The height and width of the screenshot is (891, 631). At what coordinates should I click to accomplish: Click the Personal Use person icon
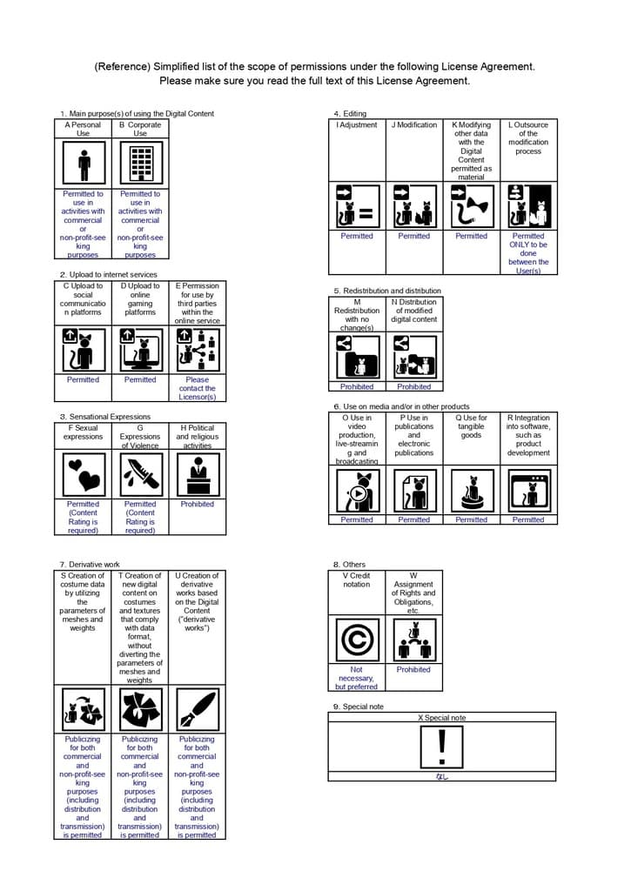(x=84, y=163)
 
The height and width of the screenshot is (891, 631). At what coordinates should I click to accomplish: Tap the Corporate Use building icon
(x=140, y=163)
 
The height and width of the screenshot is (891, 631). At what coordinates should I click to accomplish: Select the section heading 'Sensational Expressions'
(x=104, y=417)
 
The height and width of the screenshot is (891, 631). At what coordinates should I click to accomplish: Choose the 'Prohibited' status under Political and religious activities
(x=198, y=504)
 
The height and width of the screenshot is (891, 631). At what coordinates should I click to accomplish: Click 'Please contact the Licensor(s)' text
(x=198, y=388)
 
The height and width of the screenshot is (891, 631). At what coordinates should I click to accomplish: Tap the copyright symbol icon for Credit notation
(x=357, y=640)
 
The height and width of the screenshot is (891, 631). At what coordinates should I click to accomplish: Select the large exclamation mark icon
(x=442, y=746)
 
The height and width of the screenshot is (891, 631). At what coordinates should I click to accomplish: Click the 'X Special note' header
(x=442, y=718)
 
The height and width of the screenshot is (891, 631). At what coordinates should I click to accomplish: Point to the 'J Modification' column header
(x=414, y=125)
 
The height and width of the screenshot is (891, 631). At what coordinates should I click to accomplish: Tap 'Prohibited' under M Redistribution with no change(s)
(x=357, y=386)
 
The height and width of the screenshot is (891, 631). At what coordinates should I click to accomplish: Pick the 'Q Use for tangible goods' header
(x=472, y=426)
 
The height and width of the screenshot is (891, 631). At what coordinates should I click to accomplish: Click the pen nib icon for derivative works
(x=197, y=710)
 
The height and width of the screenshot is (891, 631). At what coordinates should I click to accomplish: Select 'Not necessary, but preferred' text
(x=357, y=678)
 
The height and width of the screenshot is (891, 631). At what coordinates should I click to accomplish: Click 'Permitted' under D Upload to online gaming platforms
(x=140, y=379)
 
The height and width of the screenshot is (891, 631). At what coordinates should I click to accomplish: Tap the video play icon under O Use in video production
(x=357, y=492)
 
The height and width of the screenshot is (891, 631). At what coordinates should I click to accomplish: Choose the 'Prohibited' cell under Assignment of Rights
(x=413, y=670)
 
